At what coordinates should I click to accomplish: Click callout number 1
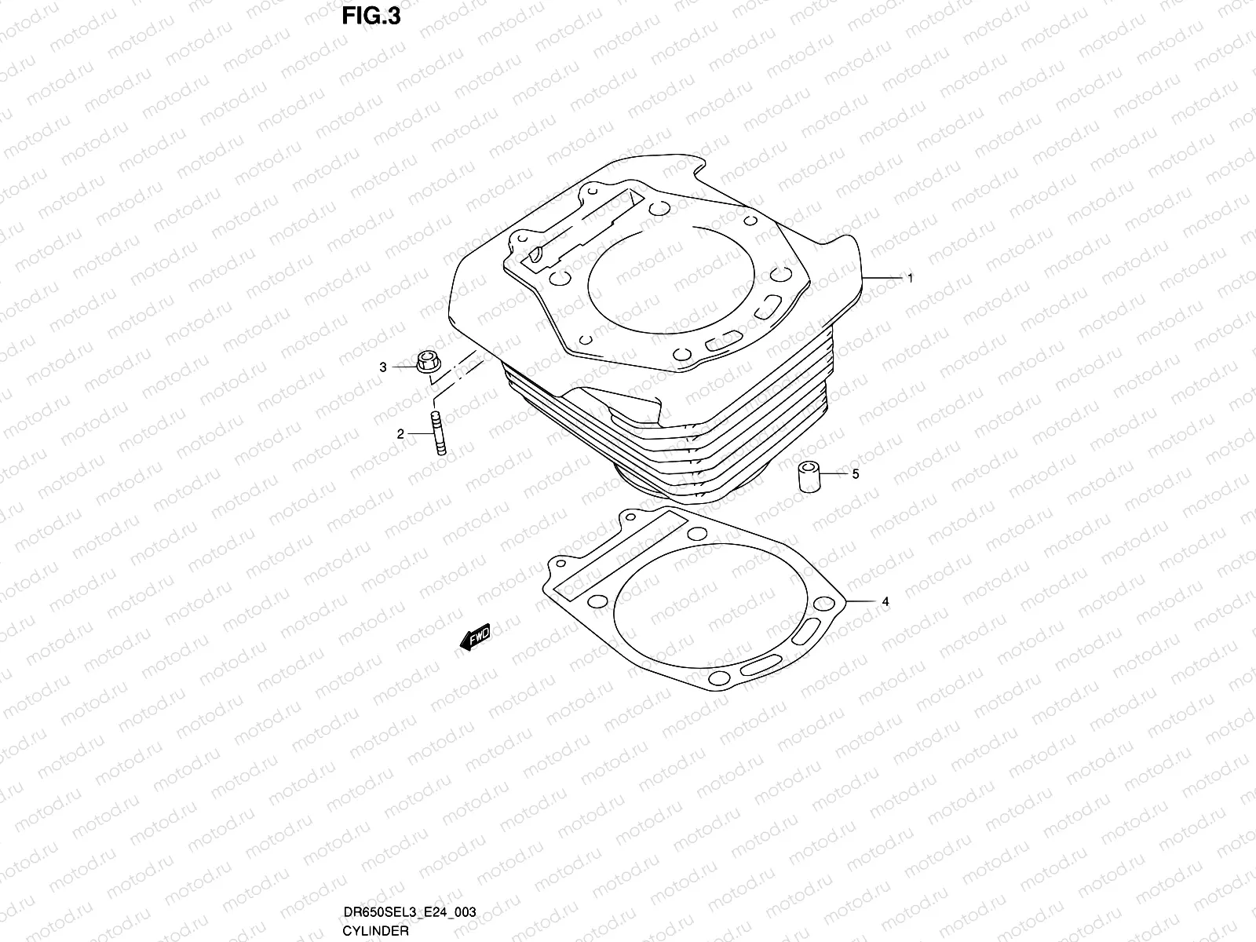tap(910, 278)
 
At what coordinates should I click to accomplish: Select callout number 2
tap(400, 433)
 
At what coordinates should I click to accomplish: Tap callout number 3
tap(383, 367)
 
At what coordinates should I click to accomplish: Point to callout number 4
tap(885, 602)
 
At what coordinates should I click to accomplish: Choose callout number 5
tap(856, 474)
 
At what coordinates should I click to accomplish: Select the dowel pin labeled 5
tap(809, 476)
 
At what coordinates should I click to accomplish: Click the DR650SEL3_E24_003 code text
tap(409, 912)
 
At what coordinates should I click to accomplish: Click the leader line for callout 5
tap(834, 474)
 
